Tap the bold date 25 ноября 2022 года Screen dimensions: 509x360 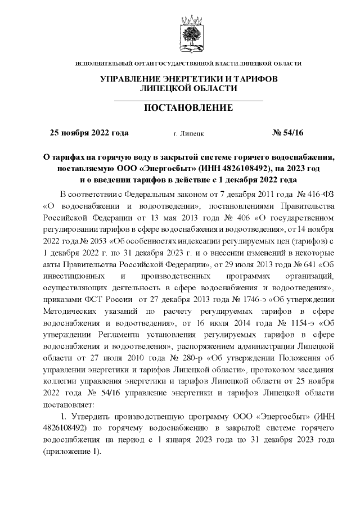coord(89,133)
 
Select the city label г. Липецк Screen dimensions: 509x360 coord(189,134)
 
